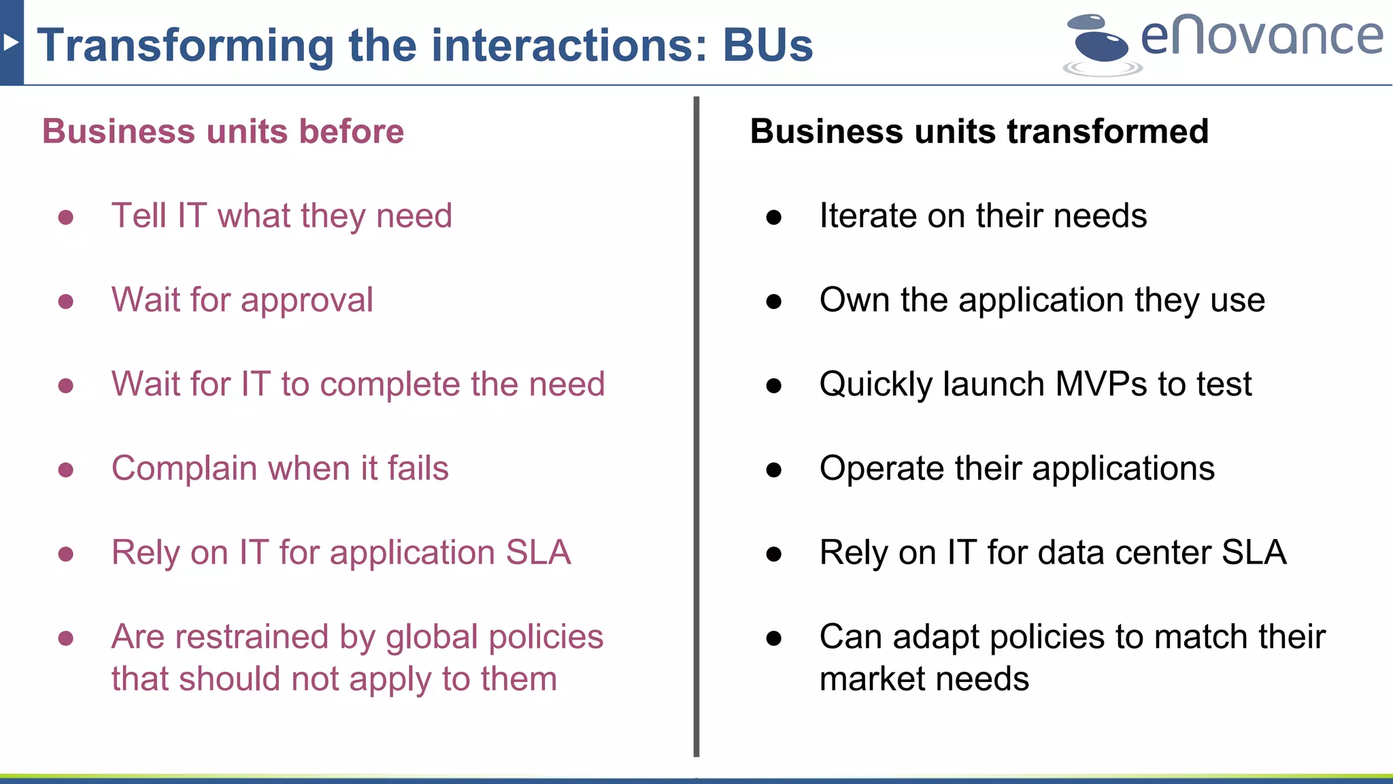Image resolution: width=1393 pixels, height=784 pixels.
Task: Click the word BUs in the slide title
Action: pyautogui.click(x=767, y=46)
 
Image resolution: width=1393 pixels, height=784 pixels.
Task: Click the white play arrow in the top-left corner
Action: pyautogui.click(x=10, y=43)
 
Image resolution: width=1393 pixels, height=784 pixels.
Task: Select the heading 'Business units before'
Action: pyautogui.click(x=223, y=131)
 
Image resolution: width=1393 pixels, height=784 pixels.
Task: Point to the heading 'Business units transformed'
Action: pyautogui.click(x=979, y=131)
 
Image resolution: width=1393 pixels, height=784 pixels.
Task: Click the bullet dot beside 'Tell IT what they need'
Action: pyautogui.click(x=66, y=217)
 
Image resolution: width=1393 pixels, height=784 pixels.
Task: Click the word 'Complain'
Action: pyautogui.click(x=184, y=469)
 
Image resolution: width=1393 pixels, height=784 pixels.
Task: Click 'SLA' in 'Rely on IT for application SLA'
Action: pyautogui.click(x=538, y=553)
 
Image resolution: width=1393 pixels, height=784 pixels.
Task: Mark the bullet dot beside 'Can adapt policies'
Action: pyautogui.click(x=774, y=638)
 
